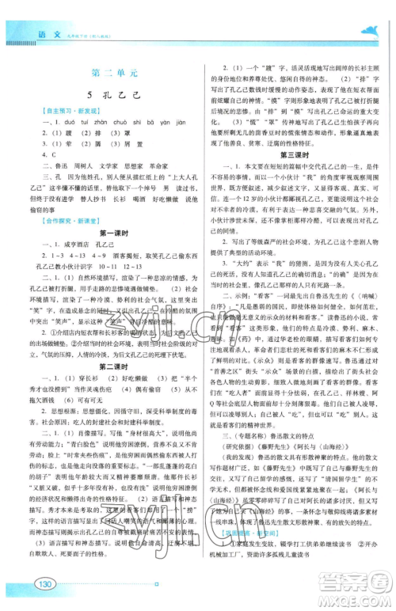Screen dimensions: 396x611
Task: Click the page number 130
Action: coord(44,584)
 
